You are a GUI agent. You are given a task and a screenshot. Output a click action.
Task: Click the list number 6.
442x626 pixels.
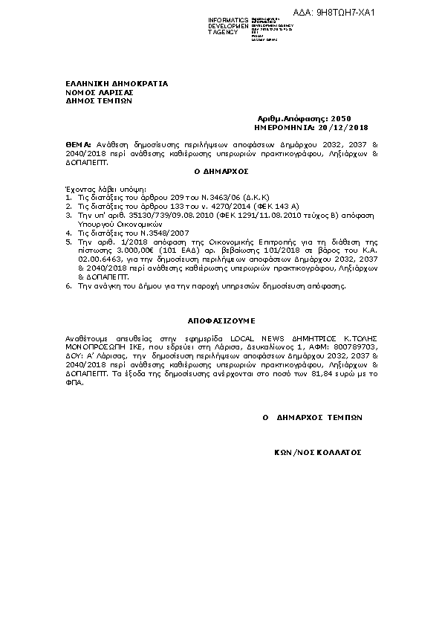69,286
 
